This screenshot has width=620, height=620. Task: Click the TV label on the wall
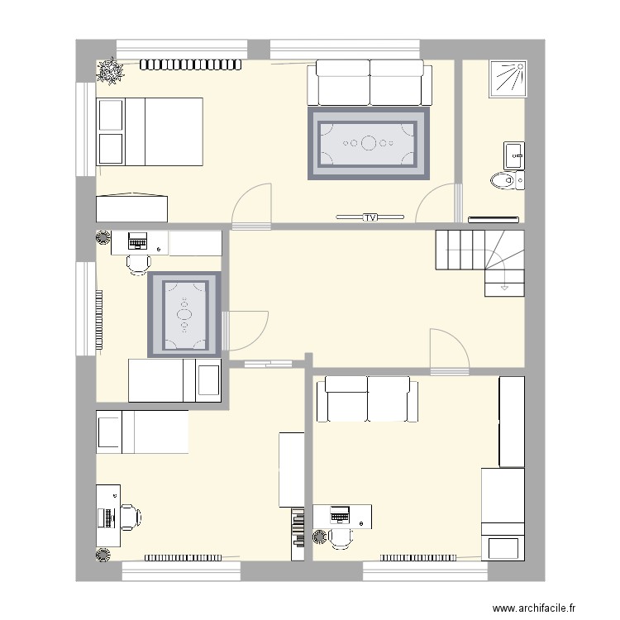coord(370,217)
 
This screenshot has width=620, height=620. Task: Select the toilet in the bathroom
coord(503,180)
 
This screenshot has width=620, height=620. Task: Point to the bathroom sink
coord(513,155)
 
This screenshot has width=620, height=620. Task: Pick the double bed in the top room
coord(150,131)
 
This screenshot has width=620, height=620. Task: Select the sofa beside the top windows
coord(370,82)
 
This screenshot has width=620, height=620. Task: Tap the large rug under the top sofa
coord(370,144)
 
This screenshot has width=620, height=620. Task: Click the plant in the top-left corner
coord(109,72)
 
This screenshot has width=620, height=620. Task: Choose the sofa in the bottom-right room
coord(367,398)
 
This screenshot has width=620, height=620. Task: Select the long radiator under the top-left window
coord(191,64)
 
